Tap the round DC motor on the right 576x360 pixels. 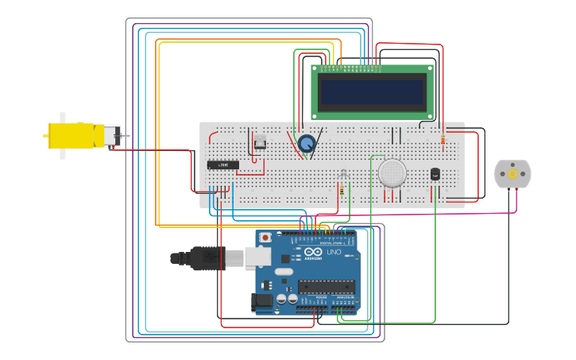pyautogui.click(x=512, y=174)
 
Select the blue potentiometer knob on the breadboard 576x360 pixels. pyautogui.click(x=307, y=143)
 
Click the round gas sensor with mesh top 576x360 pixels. pyautogui.click(x=392, y=172)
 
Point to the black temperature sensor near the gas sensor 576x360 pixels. pyautogui.click(x=435, y=173)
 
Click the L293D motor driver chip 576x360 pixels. pyautogui.click(x=222, y=165)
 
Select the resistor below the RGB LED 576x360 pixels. pyautogui.click(x=342, y=190)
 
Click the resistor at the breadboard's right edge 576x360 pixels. pyautogui.click(x=443, y=138)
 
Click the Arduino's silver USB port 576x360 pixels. pyautogui.click(x=257, y=257)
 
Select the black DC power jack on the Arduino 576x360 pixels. pyautogui.click(x=263, y=300)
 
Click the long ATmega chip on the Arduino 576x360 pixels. pyautogui.click(x=327, y=286)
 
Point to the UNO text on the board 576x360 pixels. pyautogui.click(x=334, y=252)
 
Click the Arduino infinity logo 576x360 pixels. pyautogui.click(x=313, y=252)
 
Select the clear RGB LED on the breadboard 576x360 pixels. pyautogui.click(x=342, y=174)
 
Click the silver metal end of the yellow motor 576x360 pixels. pyautogui.click(x=112, y=136)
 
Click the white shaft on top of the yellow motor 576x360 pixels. pyautogui.click(x=63, y=117)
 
